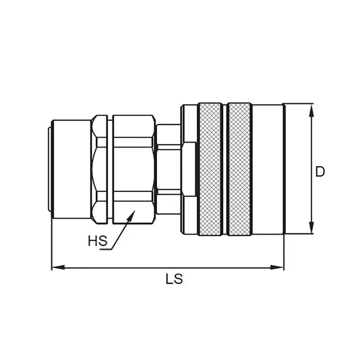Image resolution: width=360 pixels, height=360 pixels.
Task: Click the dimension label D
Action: click(320, 172)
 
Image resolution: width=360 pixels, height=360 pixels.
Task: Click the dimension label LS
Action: click(174, 279)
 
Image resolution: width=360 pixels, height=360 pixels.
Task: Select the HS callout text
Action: click(97, 241)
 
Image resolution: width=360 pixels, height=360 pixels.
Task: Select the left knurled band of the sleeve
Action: click(210, 169)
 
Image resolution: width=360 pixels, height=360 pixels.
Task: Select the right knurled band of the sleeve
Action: click(239, 169)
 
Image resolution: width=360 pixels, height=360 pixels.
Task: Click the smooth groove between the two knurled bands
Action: click(225, 169)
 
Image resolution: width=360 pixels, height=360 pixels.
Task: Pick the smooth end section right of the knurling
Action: click(267, 169)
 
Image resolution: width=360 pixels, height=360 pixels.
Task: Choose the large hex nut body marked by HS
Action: click(134, 169)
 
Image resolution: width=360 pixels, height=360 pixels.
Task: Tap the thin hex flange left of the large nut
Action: click(99, 169)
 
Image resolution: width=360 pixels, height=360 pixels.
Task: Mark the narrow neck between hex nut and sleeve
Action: click(168, 169)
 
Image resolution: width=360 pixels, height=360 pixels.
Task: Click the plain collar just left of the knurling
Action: click(189, 169)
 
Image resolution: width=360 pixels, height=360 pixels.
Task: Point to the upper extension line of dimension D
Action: click(298, 103)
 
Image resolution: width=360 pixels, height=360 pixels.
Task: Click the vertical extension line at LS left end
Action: click(52, 247)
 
